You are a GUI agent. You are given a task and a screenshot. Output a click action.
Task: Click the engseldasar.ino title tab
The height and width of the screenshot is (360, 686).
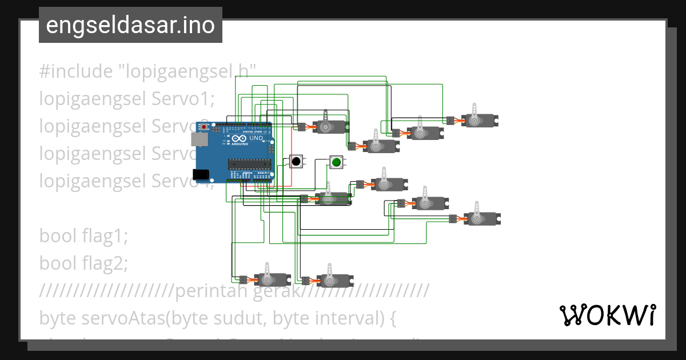(x=130, y=25)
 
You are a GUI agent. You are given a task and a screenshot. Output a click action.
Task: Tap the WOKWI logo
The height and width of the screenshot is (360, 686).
(x=607, y=315)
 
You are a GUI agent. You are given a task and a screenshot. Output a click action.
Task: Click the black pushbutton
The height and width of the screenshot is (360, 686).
(x=296, y=162)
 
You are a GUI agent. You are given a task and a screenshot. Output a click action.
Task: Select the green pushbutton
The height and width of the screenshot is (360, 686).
(x=336, y=162)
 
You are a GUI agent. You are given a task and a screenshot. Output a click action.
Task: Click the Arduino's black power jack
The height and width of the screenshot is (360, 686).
(x=201, y=174)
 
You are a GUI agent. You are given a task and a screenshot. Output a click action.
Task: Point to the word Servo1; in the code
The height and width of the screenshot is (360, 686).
(x=183, y=99)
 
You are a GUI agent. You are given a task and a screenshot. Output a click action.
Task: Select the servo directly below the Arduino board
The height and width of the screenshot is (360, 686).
(x=265, y=279)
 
